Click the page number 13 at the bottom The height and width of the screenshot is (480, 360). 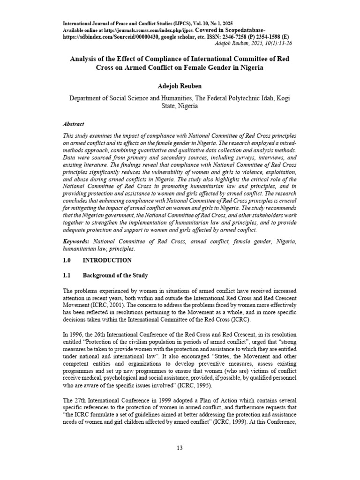pyautogui.click(x=180, y=448)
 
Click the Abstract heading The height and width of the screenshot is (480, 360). pyautogui.click(x=74, y=124)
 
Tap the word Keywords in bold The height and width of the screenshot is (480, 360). pyautogui.click(x=76, y=241)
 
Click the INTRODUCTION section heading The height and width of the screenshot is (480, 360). pyautogui.click(x=107, y=260)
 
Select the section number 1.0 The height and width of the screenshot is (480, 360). pyautogui.click(x=67, y=260)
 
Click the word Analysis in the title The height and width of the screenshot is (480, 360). pyautogui.click(x=86, y=60)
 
